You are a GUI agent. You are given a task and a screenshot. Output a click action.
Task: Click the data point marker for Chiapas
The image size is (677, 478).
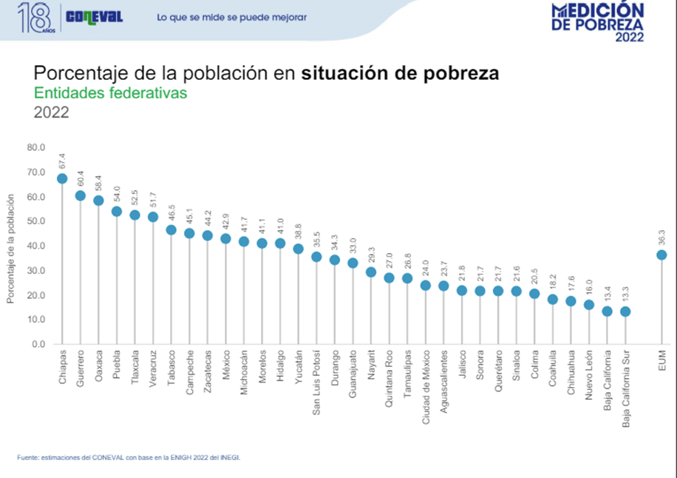tap(62, 178)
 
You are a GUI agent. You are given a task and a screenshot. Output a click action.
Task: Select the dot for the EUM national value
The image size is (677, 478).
tap(661, 255)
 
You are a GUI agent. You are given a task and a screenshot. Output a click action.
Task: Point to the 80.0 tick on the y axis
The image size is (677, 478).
tap(35, 147)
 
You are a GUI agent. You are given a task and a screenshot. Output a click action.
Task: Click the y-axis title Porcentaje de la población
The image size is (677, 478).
tap(11, 249)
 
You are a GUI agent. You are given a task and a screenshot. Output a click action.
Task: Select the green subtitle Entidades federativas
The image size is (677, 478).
tap(111, 93)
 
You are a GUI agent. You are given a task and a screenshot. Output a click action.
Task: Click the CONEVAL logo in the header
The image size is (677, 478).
tap(94, 17)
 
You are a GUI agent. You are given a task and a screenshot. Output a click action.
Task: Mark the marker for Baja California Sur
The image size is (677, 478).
tap(625, 312)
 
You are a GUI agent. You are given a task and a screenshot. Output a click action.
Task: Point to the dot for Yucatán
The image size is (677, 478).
tap(299, 249)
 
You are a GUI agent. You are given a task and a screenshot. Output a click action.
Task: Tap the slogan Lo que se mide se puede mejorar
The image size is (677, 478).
tap(232, 17)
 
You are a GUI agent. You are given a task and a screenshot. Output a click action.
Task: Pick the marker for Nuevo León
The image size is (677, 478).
tap(589, 305)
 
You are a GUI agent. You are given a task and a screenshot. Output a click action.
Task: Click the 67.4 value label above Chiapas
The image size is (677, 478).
tap(62, 161)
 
